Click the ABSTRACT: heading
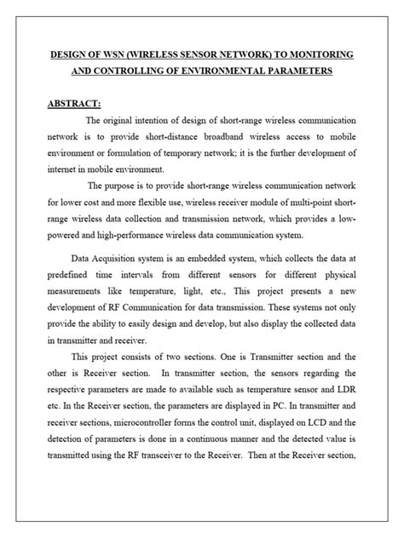[x=74, y=104]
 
